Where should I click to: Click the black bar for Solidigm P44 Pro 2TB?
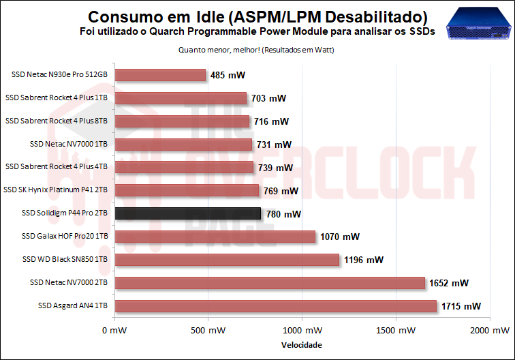pyautogui.click(x=187, y=213)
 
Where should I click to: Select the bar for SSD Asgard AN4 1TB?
pyautogui.click(x=275, y=306)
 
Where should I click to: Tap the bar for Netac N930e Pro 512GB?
pyautogui.click(x=160, y=75)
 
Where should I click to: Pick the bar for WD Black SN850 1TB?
pyautogui.click(x=227, y=260)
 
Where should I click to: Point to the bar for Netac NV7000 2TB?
pyautogui.click(x=270, y=283)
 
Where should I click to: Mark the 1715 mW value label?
pyautogui.click(x=461, y=307)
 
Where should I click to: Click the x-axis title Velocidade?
pyautogui.click(x=301, y=345)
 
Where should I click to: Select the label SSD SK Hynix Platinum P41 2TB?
pyautogui.click(x=56, y=190)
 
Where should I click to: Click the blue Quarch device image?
pyautogui.click(x=478, y=26)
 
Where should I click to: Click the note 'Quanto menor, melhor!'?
pyautogui.click(x=217, y=50)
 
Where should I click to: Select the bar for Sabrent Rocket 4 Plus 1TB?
pyautogui.click(x=181, y=98)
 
